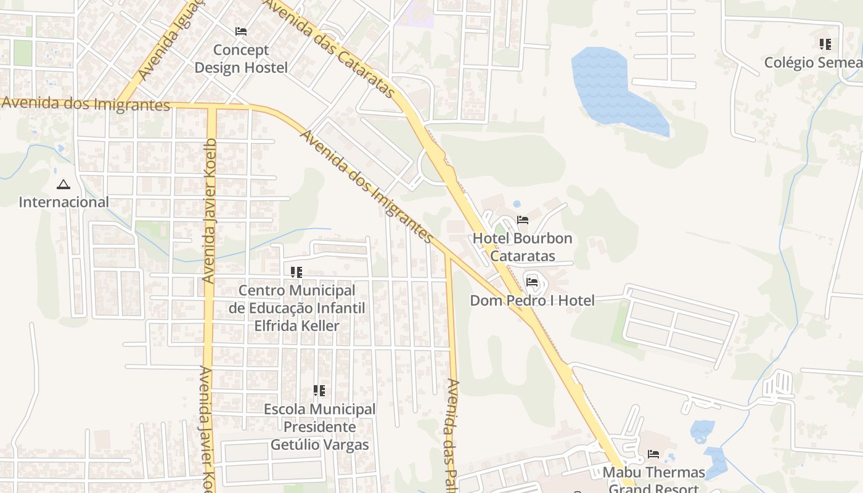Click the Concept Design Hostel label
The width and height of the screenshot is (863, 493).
coord(241,59)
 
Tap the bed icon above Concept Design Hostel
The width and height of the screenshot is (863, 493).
coord(241,31)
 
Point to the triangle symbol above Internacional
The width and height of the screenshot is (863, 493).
coord(63,184)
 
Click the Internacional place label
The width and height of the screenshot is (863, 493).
coord(63,202)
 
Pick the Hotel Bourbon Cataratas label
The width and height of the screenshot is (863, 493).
coord(523,246)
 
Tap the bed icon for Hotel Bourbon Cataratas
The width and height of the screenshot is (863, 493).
coord(523,220)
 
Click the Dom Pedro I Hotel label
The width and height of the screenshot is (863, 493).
coord(532,301)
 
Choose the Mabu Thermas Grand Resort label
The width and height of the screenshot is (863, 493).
coord(653,479)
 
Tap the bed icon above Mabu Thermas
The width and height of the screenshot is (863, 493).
coord(653,455)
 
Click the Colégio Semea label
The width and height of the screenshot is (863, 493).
coord(812,62)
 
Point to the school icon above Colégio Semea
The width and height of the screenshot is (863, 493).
coord(825,44)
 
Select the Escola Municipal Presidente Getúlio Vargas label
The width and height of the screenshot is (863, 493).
coord(319,426)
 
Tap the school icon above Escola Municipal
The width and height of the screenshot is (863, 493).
coord(319,390)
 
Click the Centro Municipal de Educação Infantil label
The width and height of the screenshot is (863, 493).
coord(297,308)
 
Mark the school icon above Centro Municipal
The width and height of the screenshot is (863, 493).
coord(297,272)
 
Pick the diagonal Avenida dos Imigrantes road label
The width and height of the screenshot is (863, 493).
coord(366,185)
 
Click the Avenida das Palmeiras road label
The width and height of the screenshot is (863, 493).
coord(452,434)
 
